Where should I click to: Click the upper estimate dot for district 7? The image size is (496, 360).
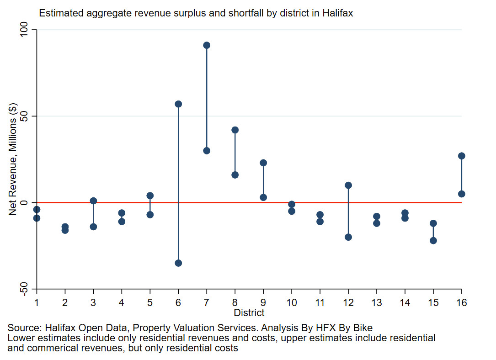(x=207, y=45)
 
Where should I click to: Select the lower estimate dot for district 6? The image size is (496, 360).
(x=178, y=263)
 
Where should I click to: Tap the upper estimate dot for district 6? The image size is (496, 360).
(x=178, y=104)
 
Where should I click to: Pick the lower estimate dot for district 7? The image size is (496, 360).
(x=207, y=151)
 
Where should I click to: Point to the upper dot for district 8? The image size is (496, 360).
(x=235, y=130)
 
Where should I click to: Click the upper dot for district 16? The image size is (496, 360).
(x=462, y=156)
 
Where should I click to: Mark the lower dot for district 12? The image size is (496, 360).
(x=348, y=237)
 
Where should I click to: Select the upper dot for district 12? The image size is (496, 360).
(x=348, y=185)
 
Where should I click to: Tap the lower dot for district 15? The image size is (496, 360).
(x=433, y=241)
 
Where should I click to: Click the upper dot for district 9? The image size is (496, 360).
(x=263, y=163)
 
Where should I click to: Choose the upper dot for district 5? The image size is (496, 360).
(x=150, y=196)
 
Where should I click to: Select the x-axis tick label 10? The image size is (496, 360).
(x=292, y=303)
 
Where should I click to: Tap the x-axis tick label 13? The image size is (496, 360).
(x=377, y=303)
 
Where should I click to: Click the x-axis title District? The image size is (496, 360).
(x=249, y=313)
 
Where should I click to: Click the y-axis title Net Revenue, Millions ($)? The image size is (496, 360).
(x=13, y=159)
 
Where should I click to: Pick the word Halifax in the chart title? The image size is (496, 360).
(x=338, y=13)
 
